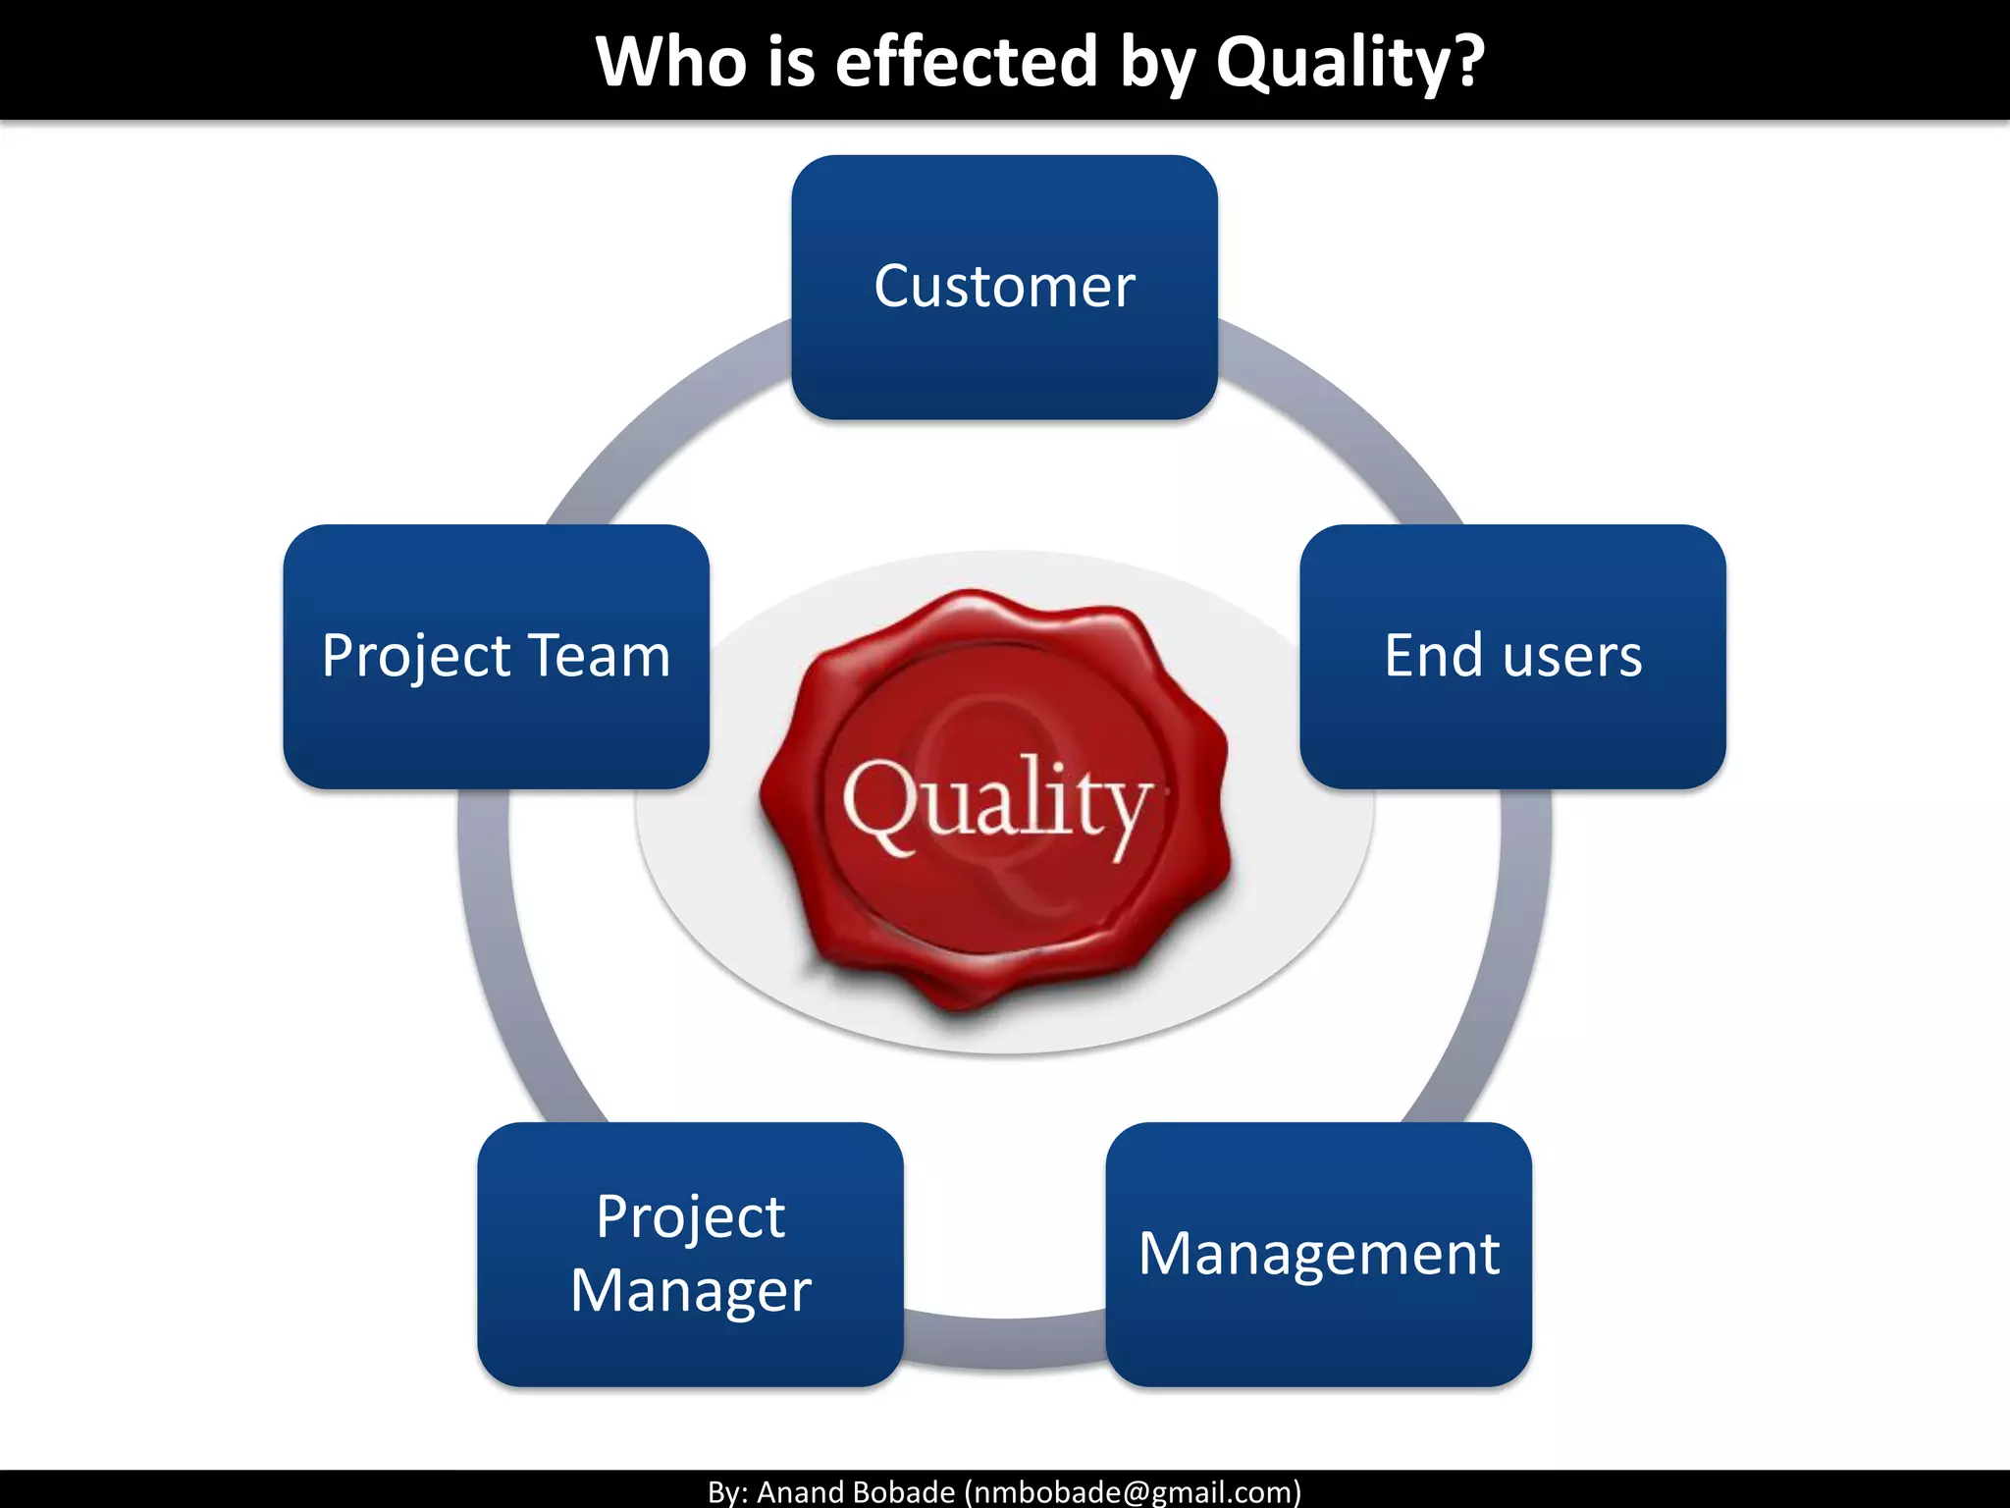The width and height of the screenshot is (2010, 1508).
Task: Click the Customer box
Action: pyautogui.click(x=1004, y=287)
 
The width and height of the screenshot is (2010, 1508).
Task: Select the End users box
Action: pyautogui.click(x=1512, y=656)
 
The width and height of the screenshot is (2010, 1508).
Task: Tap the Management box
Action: pyautogui.click(x=1318, y=1254)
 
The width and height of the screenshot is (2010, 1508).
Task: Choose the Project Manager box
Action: pyautogui.click(x=690, y=1254)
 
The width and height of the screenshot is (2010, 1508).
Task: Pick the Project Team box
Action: pyautogui.click(x=496, y=656)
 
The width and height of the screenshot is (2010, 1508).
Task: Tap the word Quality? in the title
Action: pyautogui.click(x=1349, y=61)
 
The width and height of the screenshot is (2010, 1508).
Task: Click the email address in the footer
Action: pyautogui.click(x=1133, y=1491)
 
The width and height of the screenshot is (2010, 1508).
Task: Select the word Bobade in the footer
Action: pyautogui.click(x=908, y=1491)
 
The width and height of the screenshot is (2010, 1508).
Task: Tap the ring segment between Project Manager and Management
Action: pyautogui.click(x=1004, y=1340)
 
